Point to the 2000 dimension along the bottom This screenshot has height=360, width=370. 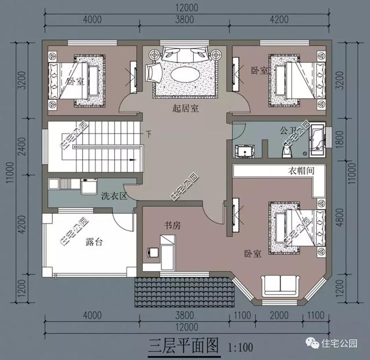280,316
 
